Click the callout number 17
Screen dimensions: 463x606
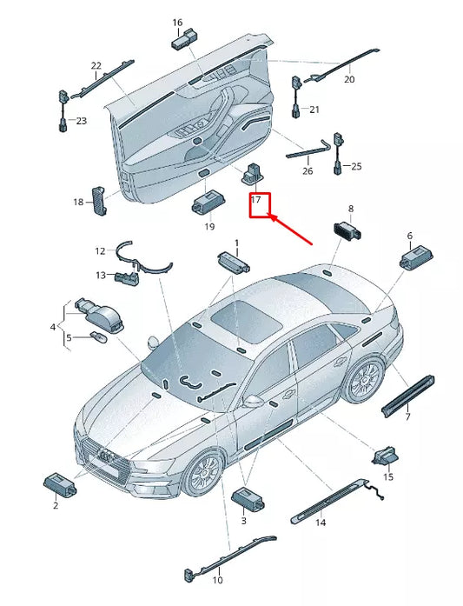pyautogui.click(x=255, y=199)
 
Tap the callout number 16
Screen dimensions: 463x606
pyautogui.click(x=177, y=23)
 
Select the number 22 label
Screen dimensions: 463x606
pyautogui.click(x=96, y=66)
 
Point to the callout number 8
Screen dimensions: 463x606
pyautogui.click(x=351, y=209)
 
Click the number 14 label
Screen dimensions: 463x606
pyautogui.click(x=321, y=523)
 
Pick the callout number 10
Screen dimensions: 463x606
pyautogui.click(x=217, y=580)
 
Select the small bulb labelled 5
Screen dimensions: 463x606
pyautogui.click(x=97, y=337)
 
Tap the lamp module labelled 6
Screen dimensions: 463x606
pyautogui.click(x=416, y=256)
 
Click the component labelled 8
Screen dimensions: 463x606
pyautogui.click(x=347, y=230)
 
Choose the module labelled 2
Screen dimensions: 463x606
pyautogui.click(x=60, y=484)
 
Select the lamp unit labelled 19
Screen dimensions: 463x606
pyautogui.click(x=208, y=202)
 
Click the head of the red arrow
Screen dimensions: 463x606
pyautogui.click(x=270, y=216)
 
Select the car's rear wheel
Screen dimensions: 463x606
pyautogui.click(x=363, y=379)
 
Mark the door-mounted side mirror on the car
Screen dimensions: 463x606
pyautogui.click(x=253, y=401)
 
